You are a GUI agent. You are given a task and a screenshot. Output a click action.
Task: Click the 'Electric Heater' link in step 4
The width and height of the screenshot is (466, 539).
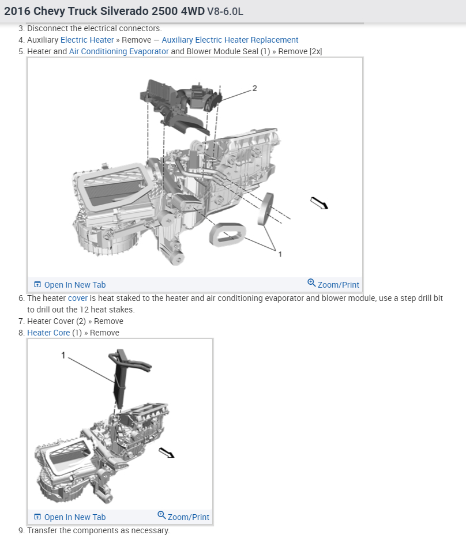tap(87, 40)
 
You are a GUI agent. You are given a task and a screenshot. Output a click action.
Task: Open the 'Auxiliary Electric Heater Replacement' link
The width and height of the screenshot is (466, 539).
tap(230, 40)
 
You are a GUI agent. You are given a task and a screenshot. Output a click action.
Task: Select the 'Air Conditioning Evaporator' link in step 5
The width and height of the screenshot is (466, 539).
tap(119, 51)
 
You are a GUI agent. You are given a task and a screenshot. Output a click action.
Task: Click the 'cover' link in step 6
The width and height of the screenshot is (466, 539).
tap(78, 298)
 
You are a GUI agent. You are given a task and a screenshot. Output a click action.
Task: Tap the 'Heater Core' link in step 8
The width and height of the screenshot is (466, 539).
tap(48, 333)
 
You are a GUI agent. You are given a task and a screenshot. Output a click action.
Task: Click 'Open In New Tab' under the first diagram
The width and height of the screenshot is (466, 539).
tap(70, 285)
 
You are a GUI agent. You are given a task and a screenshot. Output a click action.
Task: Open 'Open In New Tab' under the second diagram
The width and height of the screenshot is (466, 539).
tap(70, 517)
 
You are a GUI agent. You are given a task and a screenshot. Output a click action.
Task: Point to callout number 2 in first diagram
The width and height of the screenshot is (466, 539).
tap(254, 88)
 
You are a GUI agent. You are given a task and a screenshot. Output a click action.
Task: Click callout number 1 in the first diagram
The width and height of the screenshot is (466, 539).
tap(280, 254)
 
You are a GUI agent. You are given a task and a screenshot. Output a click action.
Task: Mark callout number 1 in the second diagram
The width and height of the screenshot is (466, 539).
tap(63, 356)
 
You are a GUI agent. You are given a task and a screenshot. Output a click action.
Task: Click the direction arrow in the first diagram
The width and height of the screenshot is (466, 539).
tap(319, 203)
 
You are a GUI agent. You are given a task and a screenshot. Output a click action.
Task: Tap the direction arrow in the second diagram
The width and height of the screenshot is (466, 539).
tap(167, 453)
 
